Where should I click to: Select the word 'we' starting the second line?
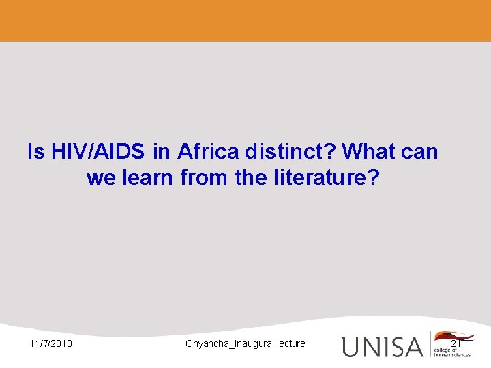[100, 179]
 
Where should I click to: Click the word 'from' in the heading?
[205, 179]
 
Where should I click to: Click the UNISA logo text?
[382, 346]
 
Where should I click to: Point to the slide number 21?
[456, 343]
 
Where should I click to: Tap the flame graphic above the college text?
[453, 337]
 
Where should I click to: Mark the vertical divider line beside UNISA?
[430, 344]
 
